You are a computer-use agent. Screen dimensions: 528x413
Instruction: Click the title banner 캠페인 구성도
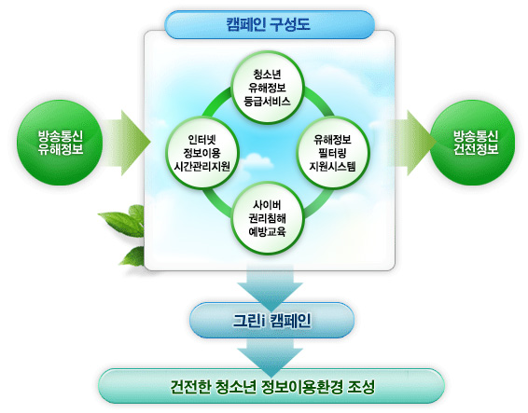270,24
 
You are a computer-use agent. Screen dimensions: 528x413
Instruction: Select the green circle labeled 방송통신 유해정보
60,143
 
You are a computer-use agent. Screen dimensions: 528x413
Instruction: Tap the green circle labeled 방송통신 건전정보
472,143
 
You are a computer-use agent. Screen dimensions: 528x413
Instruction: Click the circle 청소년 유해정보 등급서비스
268,88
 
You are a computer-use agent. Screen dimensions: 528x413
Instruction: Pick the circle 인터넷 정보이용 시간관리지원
202,153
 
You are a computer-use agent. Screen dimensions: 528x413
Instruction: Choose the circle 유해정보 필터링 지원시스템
333,153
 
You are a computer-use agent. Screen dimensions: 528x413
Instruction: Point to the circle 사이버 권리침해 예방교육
268,218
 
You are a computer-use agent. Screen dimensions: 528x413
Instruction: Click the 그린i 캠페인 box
272,320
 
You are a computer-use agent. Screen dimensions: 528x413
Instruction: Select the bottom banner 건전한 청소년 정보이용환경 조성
271,386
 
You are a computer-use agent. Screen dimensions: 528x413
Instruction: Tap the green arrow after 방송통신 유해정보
126,143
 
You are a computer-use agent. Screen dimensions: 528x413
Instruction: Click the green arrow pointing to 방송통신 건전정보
411,143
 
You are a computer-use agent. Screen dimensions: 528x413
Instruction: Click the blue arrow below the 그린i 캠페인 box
270,357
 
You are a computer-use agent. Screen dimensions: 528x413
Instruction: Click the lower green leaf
133,256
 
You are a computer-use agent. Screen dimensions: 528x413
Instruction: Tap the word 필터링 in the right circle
332,153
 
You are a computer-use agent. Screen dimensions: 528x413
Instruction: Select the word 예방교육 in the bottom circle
267,232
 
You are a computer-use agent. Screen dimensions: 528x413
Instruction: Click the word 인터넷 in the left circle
202,139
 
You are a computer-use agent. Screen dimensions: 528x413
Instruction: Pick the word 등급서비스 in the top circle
267,102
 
